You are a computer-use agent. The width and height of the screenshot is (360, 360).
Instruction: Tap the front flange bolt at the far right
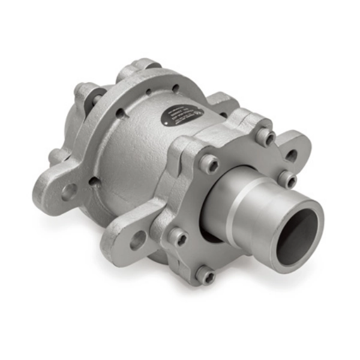pos(289,179)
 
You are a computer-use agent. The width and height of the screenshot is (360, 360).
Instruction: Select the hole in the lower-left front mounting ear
pos(137,241)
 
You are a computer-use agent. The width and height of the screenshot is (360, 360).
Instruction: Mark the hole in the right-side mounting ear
pos(292,155)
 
